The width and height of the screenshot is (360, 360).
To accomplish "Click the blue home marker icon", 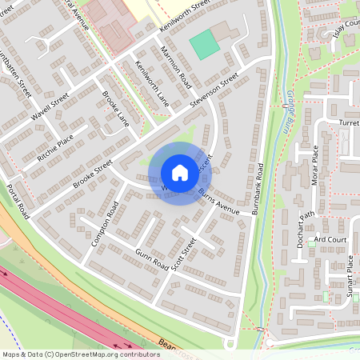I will coord(180,173).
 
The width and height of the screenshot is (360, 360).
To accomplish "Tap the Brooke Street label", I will coord(91,178).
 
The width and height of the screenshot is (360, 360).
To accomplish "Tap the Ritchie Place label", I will coord(55,149).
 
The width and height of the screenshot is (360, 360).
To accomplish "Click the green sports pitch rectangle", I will coord(205,44).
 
